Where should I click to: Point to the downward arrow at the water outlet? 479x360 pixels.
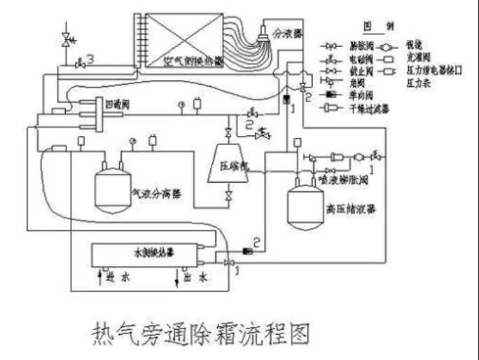[174, 277]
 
